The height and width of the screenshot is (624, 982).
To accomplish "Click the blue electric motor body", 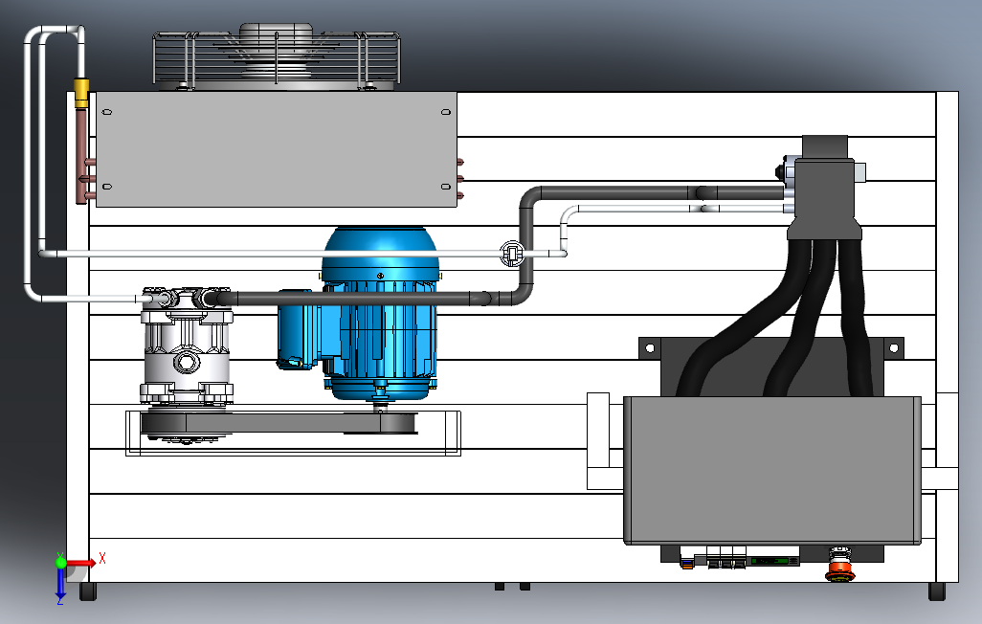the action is pyautogui.click(x=380, y=313).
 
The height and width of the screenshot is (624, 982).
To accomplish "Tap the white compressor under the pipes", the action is pyautogui.click(x=186, y=347).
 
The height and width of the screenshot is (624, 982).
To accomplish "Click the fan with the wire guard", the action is pyautogui.click(x=277, y=56).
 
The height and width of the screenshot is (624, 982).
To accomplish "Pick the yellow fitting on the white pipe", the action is pyautogui.click(x=80, y=93).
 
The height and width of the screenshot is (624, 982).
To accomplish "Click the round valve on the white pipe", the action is pyautogui.click(x=512, y=253).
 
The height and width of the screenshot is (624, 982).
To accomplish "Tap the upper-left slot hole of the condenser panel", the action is pyautogui.click(x=107, y=112).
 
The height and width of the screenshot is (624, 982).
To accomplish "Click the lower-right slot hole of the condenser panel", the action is pyautogui.click(x=446, y=187).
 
